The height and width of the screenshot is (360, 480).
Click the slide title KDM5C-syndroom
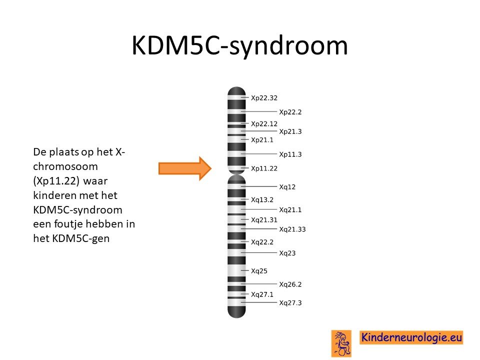[x=239, y=45]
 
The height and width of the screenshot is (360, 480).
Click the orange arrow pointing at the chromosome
[x=185, y=168]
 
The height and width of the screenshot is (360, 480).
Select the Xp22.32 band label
[x=264, y=98]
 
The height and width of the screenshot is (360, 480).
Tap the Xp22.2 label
[x=290, y=112]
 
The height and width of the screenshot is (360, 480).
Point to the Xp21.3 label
[x=290, y=131]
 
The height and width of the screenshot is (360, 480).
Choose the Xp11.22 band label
[x=264, y=168]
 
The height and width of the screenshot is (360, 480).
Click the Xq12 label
[x=287, y=186]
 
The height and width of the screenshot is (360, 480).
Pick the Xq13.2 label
[x=262, y=200]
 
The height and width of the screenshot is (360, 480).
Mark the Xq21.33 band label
[x=292, y=229]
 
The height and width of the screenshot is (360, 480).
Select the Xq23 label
[x=287, y=253]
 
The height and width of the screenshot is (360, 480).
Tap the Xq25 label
[x=259, y=271]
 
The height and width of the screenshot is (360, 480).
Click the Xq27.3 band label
[x=290, y=303]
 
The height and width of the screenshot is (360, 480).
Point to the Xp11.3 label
[x=290, y=154]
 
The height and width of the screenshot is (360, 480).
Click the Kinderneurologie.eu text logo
[x=411, y=337]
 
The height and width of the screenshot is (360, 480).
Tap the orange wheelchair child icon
[x=341, y=343]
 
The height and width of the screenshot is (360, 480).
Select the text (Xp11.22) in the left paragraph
[x=56, y=181]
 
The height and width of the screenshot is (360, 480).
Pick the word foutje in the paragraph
[x=68, y=224]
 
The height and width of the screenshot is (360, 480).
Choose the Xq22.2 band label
[x=262, y=242]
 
